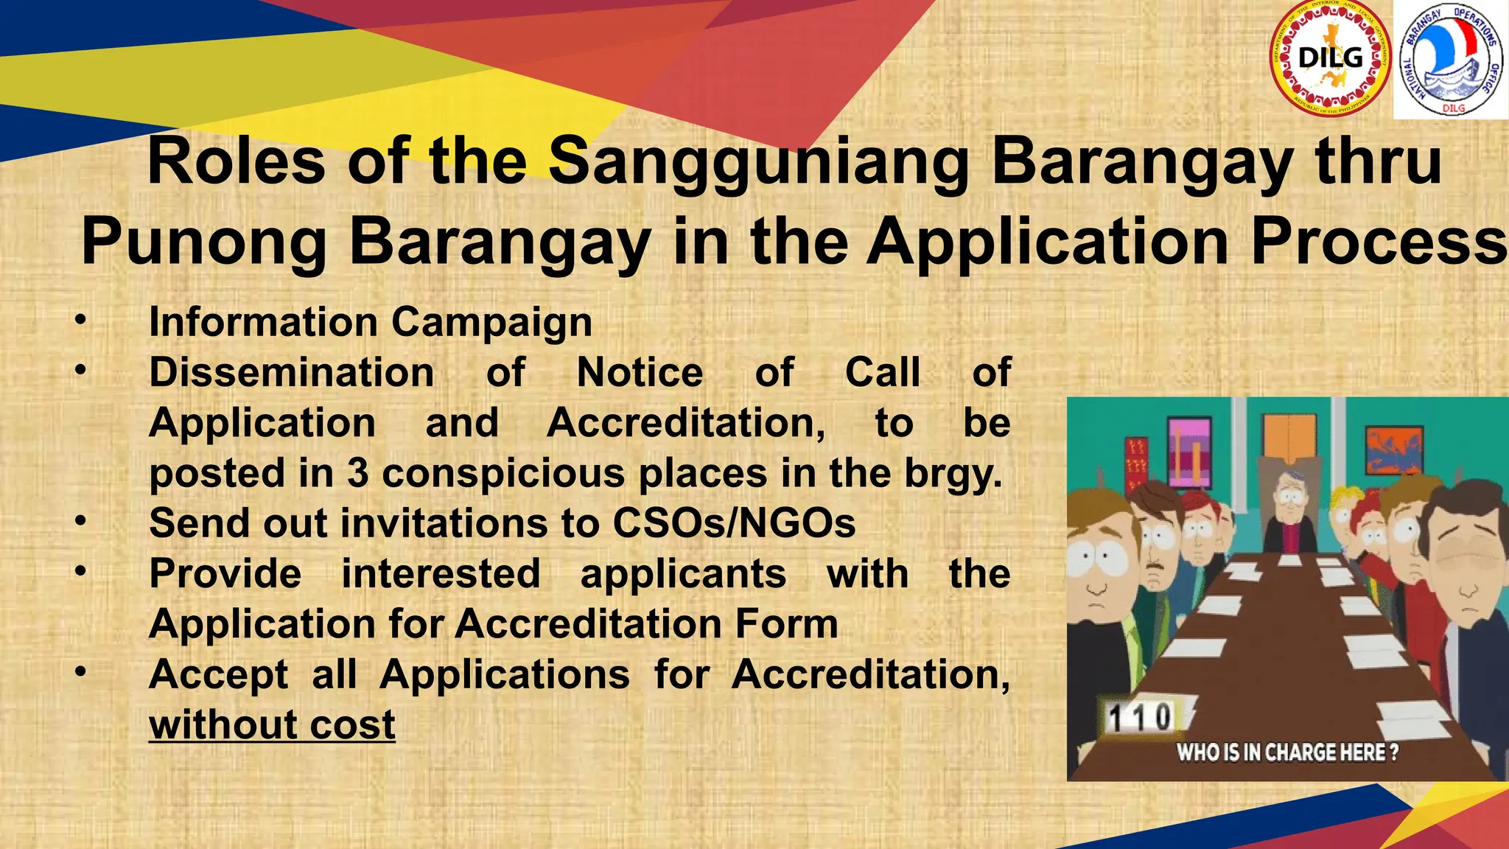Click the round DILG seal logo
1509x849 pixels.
[x=1331, y=59]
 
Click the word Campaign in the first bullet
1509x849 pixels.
[x=491, y=323]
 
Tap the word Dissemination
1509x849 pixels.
[x=291, y=373]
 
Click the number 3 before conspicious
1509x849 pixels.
[x=358, y=473]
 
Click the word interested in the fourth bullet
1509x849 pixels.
[x=441, y=573]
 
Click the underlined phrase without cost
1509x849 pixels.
[x=272, y=725]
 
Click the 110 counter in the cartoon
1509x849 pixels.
[x=1140, y=717]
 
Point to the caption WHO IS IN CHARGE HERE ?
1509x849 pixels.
[x=1286, y=752]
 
